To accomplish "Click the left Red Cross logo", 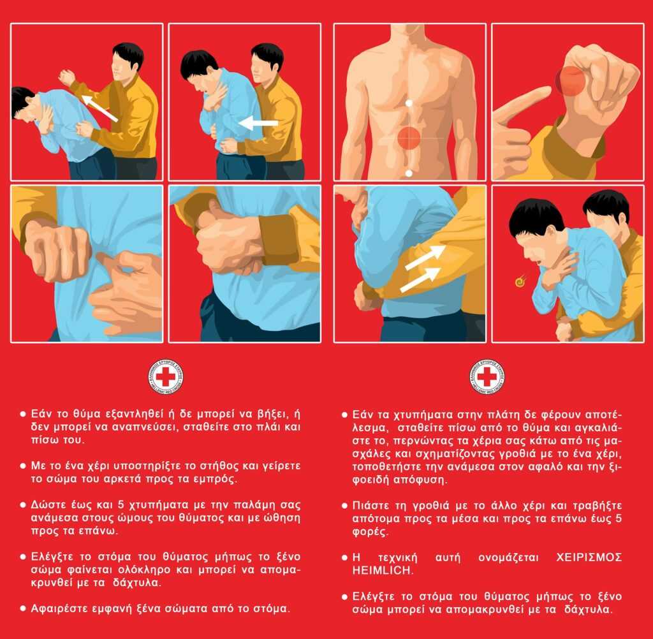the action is (166, 376).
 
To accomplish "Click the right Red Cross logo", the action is (487, 376).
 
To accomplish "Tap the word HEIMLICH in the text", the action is (381, 570).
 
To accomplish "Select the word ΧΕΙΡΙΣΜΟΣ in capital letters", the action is (589, 557).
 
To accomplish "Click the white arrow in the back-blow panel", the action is (99, 108).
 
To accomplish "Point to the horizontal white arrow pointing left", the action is (258, 123).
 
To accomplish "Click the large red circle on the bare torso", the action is (409, 138).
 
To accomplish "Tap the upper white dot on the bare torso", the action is (409, 103).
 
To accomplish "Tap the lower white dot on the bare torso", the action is (409, 173).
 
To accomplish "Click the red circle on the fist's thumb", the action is (570, 80).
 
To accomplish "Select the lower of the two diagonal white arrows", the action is (420, 279).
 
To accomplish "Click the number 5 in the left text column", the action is (121, 505).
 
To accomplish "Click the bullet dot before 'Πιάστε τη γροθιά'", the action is (344, 506).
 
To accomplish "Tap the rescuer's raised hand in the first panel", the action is (66, 77).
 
